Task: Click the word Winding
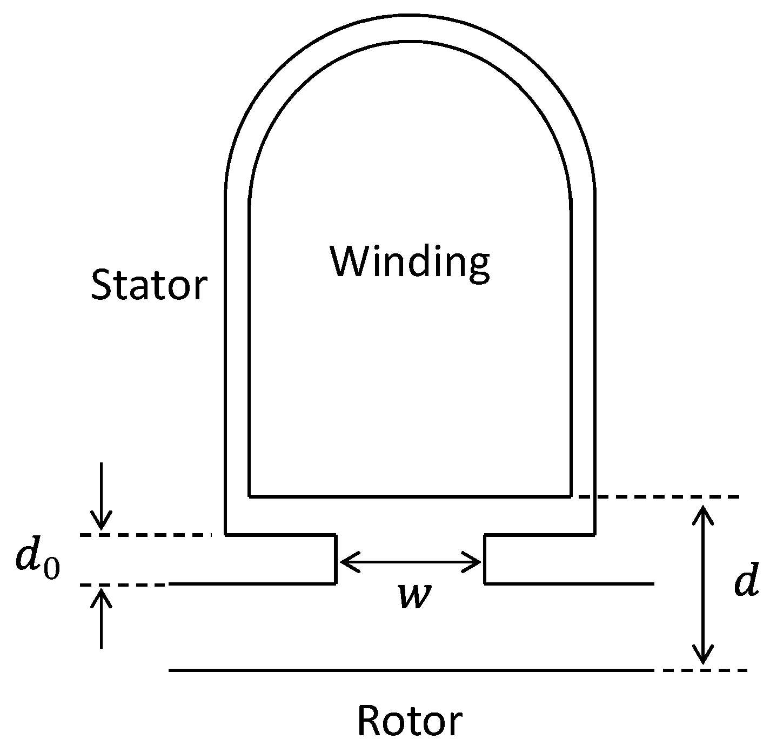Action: [410, 263]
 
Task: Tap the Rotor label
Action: [410, 721]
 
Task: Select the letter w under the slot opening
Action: [412, 596]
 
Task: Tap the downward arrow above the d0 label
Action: [101, 497]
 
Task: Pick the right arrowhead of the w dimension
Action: [476, 562]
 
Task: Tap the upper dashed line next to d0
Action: [146, 535]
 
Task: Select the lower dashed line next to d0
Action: [124, 584]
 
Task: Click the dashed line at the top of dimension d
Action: [659, 496]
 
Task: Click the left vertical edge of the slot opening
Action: [336, 559]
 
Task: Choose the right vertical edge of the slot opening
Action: [485, 559]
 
